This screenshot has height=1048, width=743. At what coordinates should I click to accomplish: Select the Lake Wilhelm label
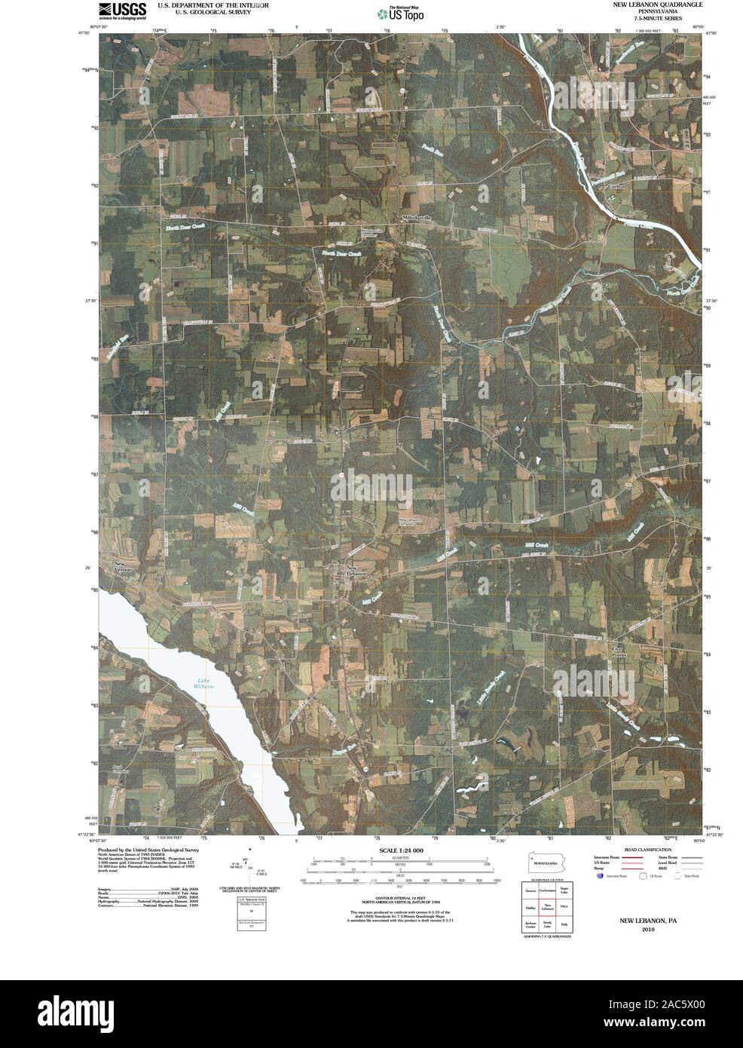(200, 684)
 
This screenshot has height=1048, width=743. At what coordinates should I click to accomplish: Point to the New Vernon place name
(123, 567)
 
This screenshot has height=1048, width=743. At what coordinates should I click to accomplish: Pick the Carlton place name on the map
(617, 185)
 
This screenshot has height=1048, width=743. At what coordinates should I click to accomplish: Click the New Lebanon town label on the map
(356, 571)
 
